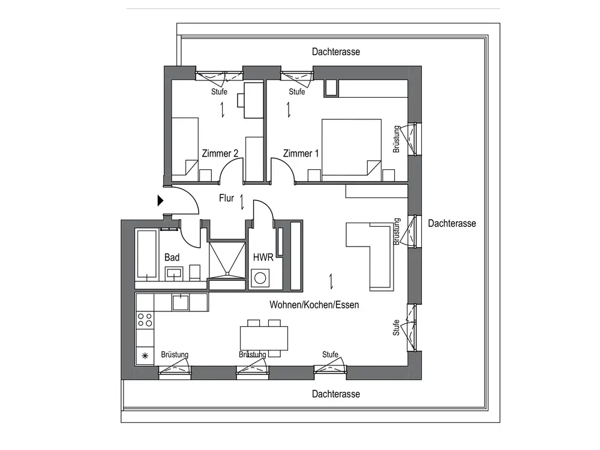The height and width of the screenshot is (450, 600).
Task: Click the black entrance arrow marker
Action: point(160,201)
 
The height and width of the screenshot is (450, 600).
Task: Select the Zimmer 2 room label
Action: point(220,154)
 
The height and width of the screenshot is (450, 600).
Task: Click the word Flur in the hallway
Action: point(226,199)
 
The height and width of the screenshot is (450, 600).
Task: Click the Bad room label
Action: point(172,257)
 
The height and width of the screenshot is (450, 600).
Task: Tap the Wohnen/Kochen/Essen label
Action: point(314,305)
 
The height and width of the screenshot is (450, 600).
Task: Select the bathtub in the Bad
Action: point(146,255)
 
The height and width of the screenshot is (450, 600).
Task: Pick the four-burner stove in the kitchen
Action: point(145,320)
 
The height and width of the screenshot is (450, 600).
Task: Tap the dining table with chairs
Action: point(263,338)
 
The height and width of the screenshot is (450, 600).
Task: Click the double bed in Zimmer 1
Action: point(351,148)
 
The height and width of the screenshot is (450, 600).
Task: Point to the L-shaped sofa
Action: point(372,252)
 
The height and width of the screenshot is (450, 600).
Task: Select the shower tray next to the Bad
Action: point(227,259)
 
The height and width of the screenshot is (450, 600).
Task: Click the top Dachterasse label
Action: point(336,52)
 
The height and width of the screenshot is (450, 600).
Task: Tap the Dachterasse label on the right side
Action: point(452,223)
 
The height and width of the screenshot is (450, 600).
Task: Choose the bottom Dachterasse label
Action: point(336,394)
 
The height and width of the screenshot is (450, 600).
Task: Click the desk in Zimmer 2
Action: point(253,95)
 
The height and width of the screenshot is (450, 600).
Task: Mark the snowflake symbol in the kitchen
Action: point(145,356)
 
